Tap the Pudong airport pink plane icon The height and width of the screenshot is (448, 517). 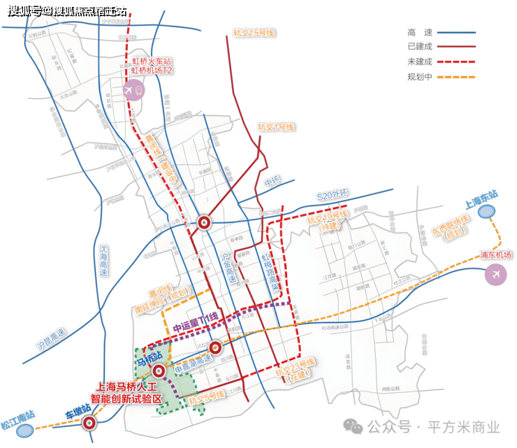click(x=497, y=275)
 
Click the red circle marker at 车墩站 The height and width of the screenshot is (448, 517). click(x=89, y=423)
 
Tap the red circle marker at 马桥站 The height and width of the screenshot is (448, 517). click(x=159, y=371)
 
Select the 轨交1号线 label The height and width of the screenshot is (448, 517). click(x=276, y=127)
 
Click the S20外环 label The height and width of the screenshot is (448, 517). click(x=333, y=196)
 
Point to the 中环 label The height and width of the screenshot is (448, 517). click(x=272, y=183)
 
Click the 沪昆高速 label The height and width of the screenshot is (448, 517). click(x=49, y=337)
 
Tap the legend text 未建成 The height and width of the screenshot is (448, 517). click(x=420, y=62)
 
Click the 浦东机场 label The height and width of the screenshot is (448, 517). click(x=496, y=254)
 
